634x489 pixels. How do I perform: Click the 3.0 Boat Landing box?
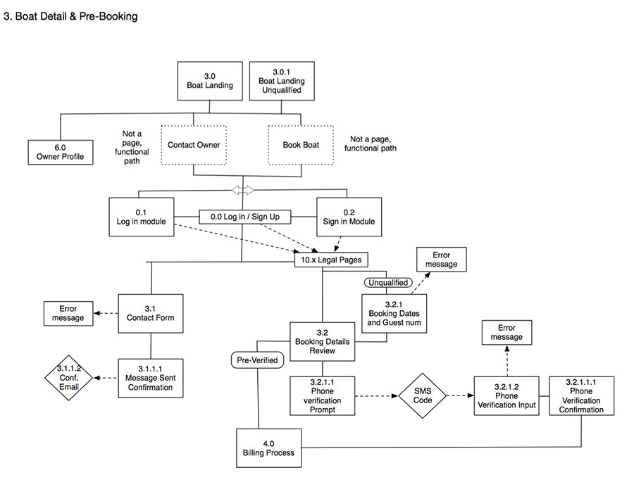tap(209, 81)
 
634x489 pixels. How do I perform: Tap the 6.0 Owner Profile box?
tap(60, 152)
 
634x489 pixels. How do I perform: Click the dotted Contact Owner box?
tap(194, 146)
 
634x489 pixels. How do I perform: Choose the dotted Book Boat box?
tap(301, 146)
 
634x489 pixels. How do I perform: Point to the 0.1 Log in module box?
tap(141, 217)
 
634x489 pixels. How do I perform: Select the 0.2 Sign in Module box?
tap(349, 217)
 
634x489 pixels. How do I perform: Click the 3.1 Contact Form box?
tap(150, 313)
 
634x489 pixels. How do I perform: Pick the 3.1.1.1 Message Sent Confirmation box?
tap(150, 378)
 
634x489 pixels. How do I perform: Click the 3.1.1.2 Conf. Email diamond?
tap(70, 378)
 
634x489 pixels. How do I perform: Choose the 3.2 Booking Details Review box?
tap(322, 343)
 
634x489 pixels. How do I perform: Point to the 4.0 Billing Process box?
tap(268, 448)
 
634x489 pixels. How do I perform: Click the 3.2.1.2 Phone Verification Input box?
tap(506, 395)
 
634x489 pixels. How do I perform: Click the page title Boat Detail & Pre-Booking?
tap(71, 15)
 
